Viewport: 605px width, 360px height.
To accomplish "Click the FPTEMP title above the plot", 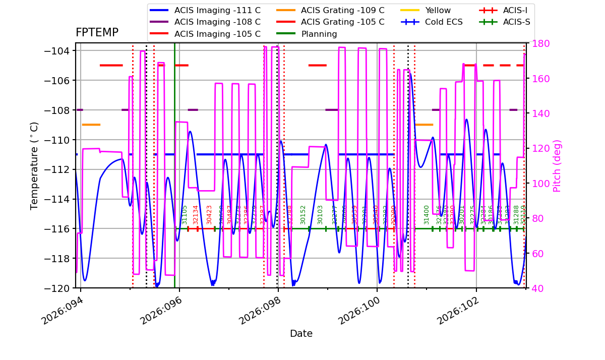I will point(97,33).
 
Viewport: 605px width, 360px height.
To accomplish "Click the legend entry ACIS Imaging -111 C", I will point(217,10).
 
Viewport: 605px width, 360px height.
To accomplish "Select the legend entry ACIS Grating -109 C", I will point(342,10).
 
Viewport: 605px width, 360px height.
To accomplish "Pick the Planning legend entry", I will point(319,34).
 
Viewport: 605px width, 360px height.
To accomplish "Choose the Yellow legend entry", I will point(438,10).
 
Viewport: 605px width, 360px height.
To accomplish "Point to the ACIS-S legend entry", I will point(516,22).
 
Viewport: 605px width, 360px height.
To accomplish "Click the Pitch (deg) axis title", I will point(557,166).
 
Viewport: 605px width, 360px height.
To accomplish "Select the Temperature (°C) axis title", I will point(34,166).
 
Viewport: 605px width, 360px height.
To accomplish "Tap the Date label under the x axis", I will point(301,334).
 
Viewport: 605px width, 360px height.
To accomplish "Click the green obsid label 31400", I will point(427,214).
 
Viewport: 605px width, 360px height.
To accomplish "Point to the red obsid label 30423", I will point(209,214).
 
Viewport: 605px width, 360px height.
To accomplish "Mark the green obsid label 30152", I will point(303,214).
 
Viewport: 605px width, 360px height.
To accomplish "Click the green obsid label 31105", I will point(185,214).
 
